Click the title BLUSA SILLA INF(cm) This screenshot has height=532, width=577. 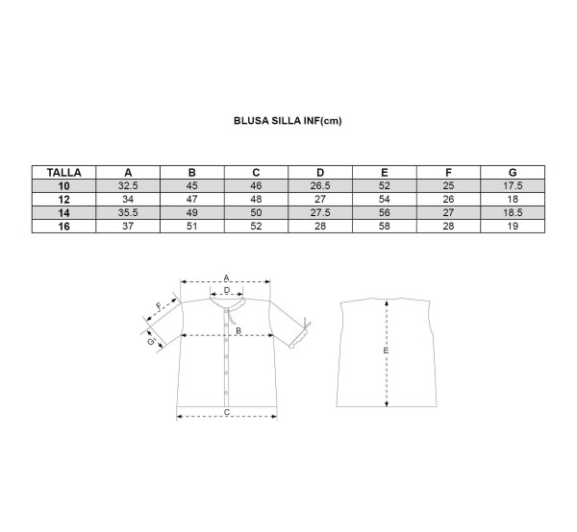click(x=288, y=121)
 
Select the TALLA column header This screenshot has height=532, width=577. click(x=63, y=172)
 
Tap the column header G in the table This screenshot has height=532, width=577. click(x=513, y=172)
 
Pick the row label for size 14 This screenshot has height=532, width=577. click(x=63, y=213)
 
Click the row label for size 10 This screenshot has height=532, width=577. click(x=63, y=186)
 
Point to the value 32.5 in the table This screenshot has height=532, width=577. click(x=128, y=186)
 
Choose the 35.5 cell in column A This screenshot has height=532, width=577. click(x=128, y=213)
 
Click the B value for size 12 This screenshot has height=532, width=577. click(x=191, y=199)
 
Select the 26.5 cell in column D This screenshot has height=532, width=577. click(x=320, y=186)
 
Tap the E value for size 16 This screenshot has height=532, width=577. click(x=384, y=226)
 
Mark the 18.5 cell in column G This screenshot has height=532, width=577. click(x=513, y=213)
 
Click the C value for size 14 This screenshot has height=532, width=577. click(x=256, y=213)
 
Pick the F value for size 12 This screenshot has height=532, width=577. click(x=448, y=199)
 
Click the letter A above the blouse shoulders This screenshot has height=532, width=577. click(x=226, y=278)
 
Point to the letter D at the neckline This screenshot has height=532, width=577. click(x=227, y=290)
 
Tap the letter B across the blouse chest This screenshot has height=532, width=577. click(x=238, y=330)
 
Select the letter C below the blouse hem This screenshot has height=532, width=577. click(x=227, y=412)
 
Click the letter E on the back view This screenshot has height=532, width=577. click(x=386, y=351)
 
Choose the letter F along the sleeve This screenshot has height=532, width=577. click(x=159, y=306)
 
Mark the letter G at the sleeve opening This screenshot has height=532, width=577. click(x=151, y=342)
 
